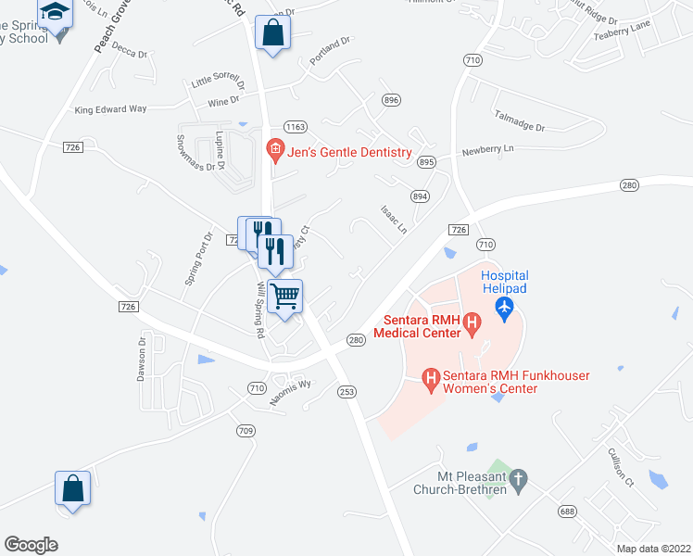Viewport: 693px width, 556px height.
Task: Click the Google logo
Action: pyautogui.click(x=31, y=545)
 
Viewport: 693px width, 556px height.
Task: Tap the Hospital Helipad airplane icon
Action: pyautogui.click(x=504, y=307)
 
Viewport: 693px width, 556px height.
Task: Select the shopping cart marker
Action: pyautogui.click(x=285, y=297)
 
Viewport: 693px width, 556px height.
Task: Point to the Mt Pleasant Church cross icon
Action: pyautogui.click(x=520, y=479)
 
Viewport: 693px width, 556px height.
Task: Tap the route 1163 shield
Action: pyautogui.click(x=296, y=126)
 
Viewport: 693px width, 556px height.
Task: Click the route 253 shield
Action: pyautogui.click(x=346, y=392)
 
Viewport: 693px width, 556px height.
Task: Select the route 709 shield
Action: pyautogui.click(x=246, y=430)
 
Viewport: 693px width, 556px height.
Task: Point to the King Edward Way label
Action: pyautogui.click(x=111, y=109)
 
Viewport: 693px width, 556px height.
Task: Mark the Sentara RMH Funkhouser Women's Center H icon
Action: pyautogui.click(x=430, y=377)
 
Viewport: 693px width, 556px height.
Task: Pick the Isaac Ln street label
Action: pyautogui.click(x=393, y=219)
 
